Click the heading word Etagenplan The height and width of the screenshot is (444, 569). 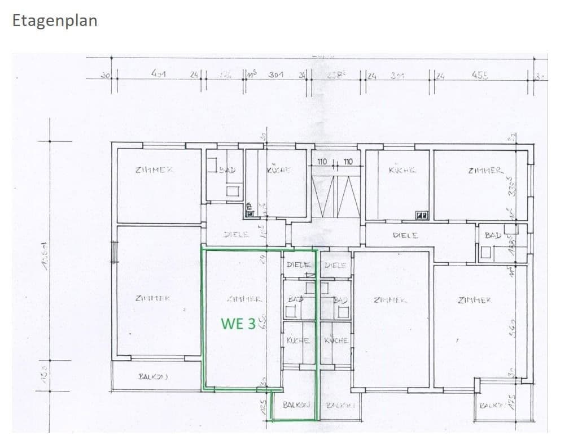(55, 20)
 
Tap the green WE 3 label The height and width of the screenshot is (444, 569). (238, 324)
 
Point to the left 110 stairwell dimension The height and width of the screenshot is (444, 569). (322, 162)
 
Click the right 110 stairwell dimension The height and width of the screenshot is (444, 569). (348, 162)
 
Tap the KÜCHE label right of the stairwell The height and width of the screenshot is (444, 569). (402, 169)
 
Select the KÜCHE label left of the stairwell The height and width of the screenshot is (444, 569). (278, 169)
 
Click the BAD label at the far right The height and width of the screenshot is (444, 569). (493, 235)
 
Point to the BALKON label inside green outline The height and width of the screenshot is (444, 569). (296, 404)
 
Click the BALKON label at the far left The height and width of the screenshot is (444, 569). (152, 376)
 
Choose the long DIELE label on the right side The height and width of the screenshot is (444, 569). (405, 235)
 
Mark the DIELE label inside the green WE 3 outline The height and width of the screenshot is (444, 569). (299, 264)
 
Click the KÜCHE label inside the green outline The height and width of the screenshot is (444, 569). (297, 340)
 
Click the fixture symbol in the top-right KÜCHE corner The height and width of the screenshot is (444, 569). (421, 215)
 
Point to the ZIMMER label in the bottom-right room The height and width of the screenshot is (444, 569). (475, 300)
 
